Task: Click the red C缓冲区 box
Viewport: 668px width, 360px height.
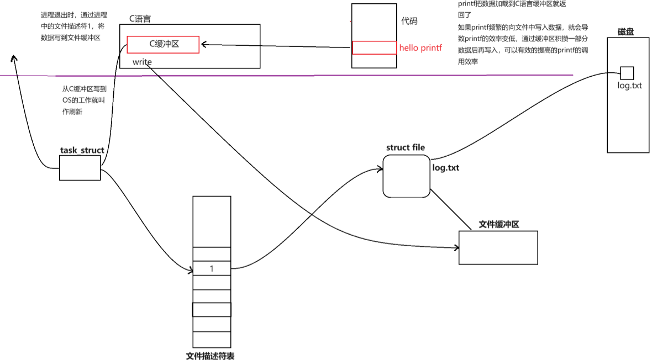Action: pyautogui.click(x=163, y=44)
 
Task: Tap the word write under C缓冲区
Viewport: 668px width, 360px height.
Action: pyautogui.click(x=142, y=62)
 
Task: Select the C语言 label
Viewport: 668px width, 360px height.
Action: pyautogui.click(x=140, y=19)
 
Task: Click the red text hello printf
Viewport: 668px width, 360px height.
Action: pyautogui.click(x=420, y=48)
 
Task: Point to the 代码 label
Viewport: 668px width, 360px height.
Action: pyautogui.click(x=409, y=22)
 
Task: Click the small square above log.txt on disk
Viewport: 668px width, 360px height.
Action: pyautogui.click(x=627, y=73)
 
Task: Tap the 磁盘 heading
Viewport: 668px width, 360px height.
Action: pyautogui.click(x=625, y=31)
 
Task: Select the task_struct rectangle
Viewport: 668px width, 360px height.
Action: pyautogui.click(x=80, y=167)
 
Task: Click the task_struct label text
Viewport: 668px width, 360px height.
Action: pyautogui.click(x=82, y=150)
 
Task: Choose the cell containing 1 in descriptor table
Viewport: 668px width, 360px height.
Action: pyautogui.click(x=212, y=268)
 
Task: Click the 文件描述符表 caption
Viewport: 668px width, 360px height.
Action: pyautogui.click(x=210, y=356)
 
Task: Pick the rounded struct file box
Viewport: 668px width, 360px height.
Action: pyautogui.click(x=407, y=176)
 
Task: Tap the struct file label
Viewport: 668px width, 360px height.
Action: pyautogui.click(x=406, y=147)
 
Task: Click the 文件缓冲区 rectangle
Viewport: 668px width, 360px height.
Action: pyautogui.click(x=498, y=247)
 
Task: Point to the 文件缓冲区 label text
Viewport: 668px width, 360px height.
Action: pyautogui.click(x=498, y=224)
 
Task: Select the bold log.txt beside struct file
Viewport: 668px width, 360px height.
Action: pyautogui.click(x=445, y=167)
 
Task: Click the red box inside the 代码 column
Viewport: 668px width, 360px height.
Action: pyautogui.click(x=374, y=47)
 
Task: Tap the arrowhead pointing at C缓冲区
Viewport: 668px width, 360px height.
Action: pyautogui.click(x=203, y=43)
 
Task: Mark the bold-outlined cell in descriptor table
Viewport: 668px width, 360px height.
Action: pyautogui.click(x=212, y=310)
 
